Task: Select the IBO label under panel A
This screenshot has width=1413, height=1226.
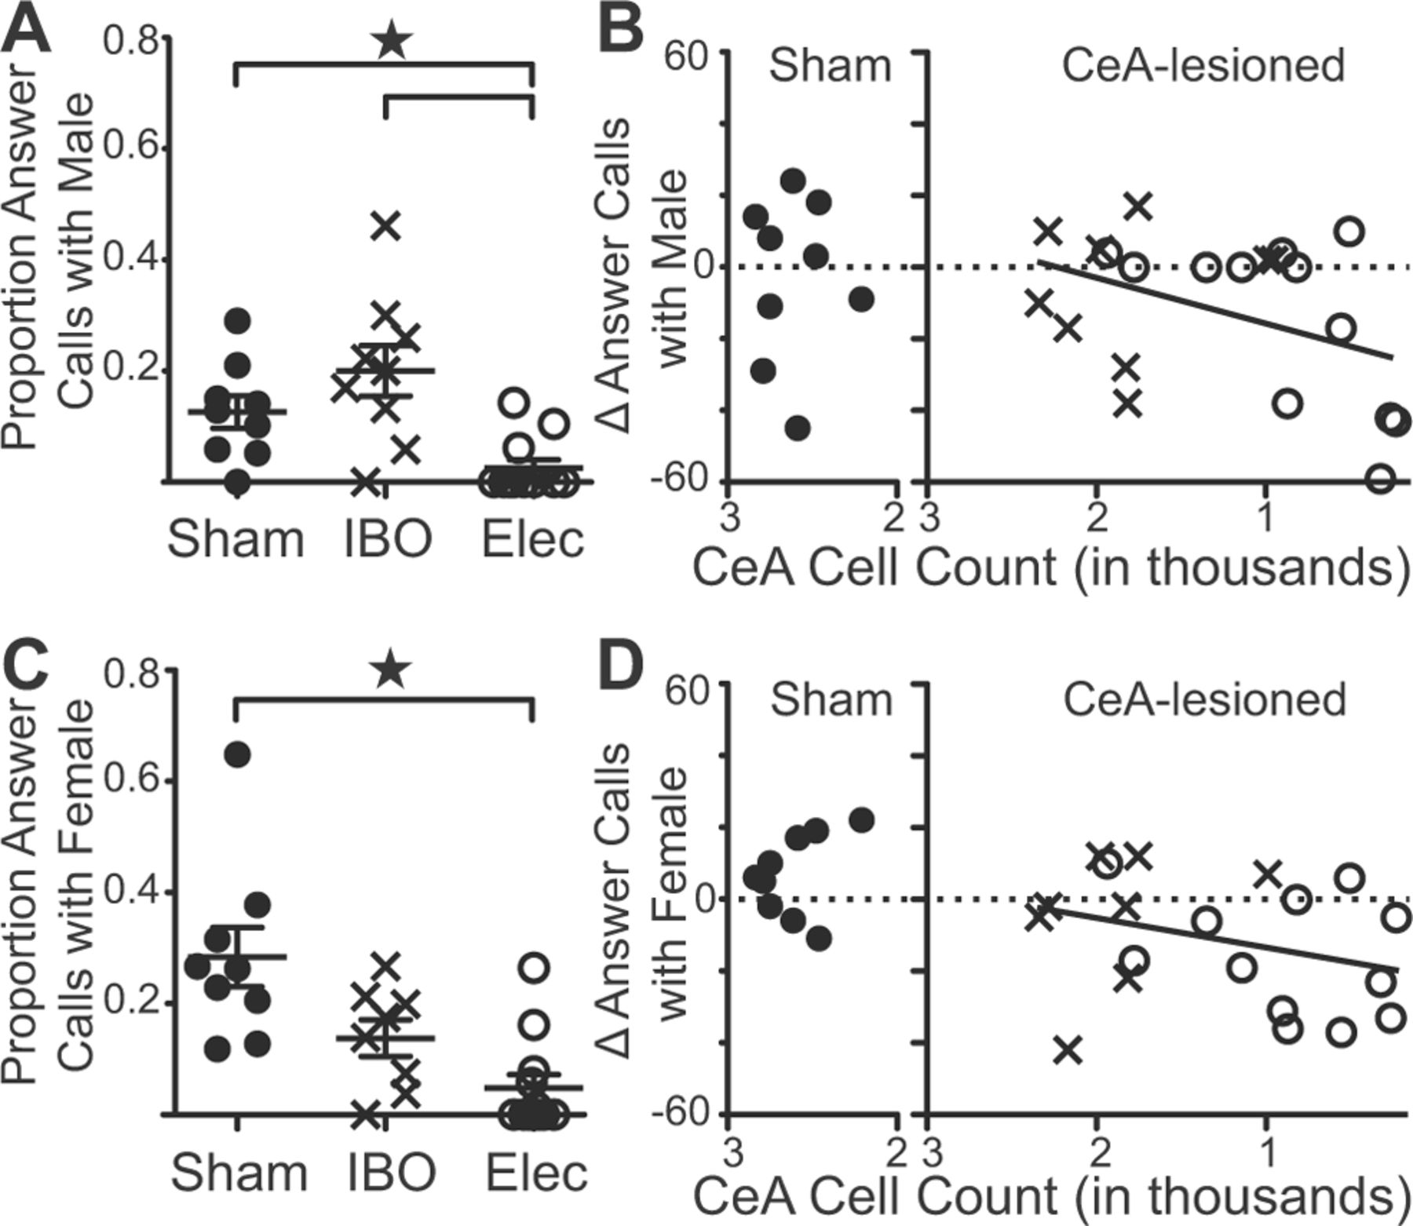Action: [388, 540]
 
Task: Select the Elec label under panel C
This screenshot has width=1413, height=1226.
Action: [535, 1173]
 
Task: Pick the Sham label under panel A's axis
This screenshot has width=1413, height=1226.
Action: [235, 540]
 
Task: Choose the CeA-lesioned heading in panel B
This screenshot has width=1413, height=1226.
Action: [1203, 66]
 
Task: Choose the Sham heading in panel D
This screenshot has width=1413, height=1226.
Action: [831, 699]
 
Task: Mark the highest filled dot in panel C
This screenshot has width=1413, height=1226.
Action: [237, 754]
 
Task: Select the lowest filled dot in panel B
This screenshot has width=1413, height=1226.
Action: [798, 428]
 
